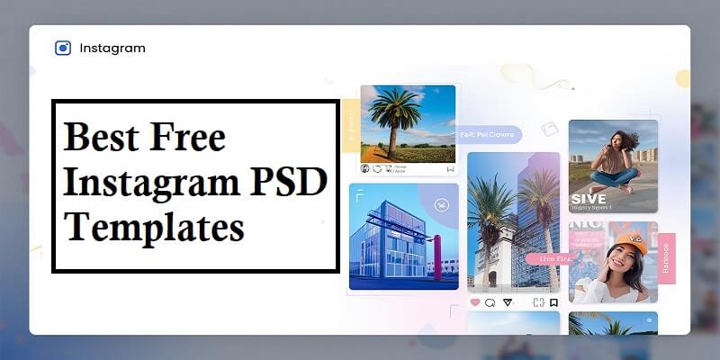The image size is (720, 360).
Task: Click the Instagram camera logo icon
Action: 63,48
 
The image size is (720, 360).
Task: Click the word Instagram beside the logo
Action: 112,48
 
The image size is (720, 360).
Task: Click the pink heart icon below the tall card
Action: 475,303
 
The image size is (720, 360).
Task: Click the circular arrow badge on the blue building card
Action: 440,205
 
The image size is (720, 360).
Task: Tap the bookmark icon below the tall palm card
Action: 554,302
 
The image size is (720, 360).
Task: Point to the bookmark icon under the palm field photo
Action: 450,168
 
